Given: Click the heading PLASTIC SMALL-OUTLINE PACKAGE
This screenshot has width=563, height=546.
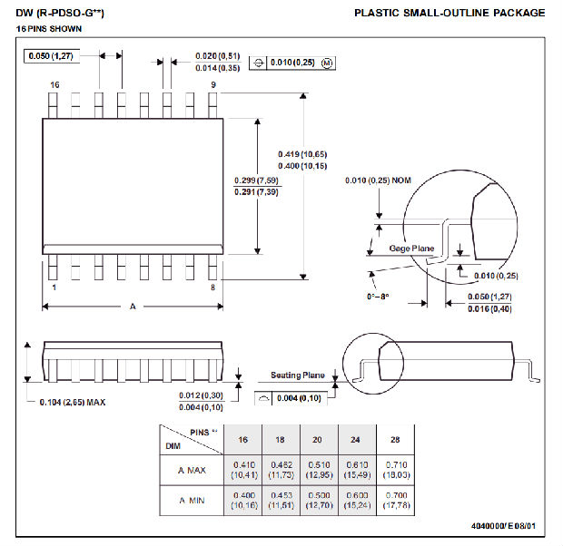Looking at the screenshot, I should [x=449, y=13].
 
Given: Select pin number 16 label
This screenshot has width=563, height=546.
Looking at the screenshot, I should [x=54, y=84].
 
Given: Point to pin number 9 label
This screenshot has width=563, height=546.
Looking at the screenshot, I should [x=213, y=84].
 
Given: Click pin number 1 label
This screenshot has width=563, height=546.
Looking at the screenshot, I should [x=54, y=288].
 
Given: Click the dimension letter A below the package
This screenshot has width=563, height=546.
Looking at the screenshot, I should [x=133, y=307].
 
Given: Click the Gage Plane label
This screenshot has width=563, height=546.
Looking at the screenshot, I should [x=411, y=248].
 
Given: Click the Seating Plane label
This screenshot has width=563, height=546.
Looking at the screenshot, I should [x=297, y=375].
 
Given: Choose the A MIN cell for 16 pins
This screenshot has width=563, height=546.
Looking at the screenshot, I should [x=242, y=500].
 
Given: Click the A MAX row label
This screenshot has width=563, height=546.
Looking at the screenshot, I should [x=193, y=470].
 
